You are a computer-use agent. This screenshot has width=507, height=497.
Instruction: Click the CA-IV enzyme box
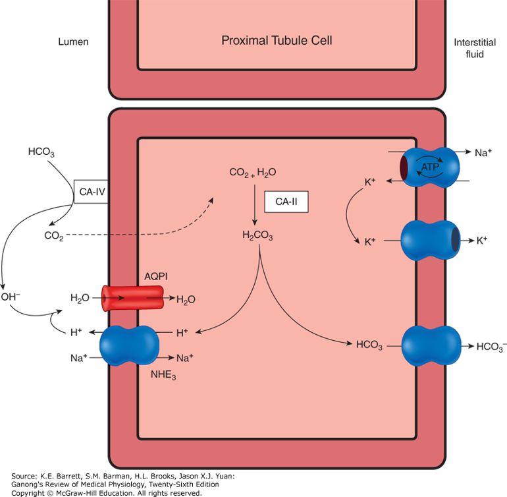point(90,191)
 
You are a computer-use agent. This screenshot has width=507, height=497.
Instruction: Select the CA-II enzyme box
point(286,202)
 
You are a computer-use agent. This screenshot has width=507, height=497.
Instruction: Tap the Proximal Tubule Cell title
point(277,41)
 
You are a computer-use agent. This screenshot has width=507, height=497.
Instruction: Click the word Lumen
point(72,42)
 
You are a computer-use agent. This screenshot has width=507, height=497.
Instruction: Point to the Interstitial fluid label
point(469,48)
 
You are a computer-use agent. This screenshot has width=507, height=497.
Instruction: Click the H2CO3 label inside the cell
point(257,236)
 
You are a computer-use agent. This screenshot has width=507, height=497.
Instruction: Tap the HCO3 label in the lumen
point(41,152)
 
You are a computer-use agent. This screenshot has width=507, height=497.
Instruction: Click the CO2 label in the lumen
point(54,235)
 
